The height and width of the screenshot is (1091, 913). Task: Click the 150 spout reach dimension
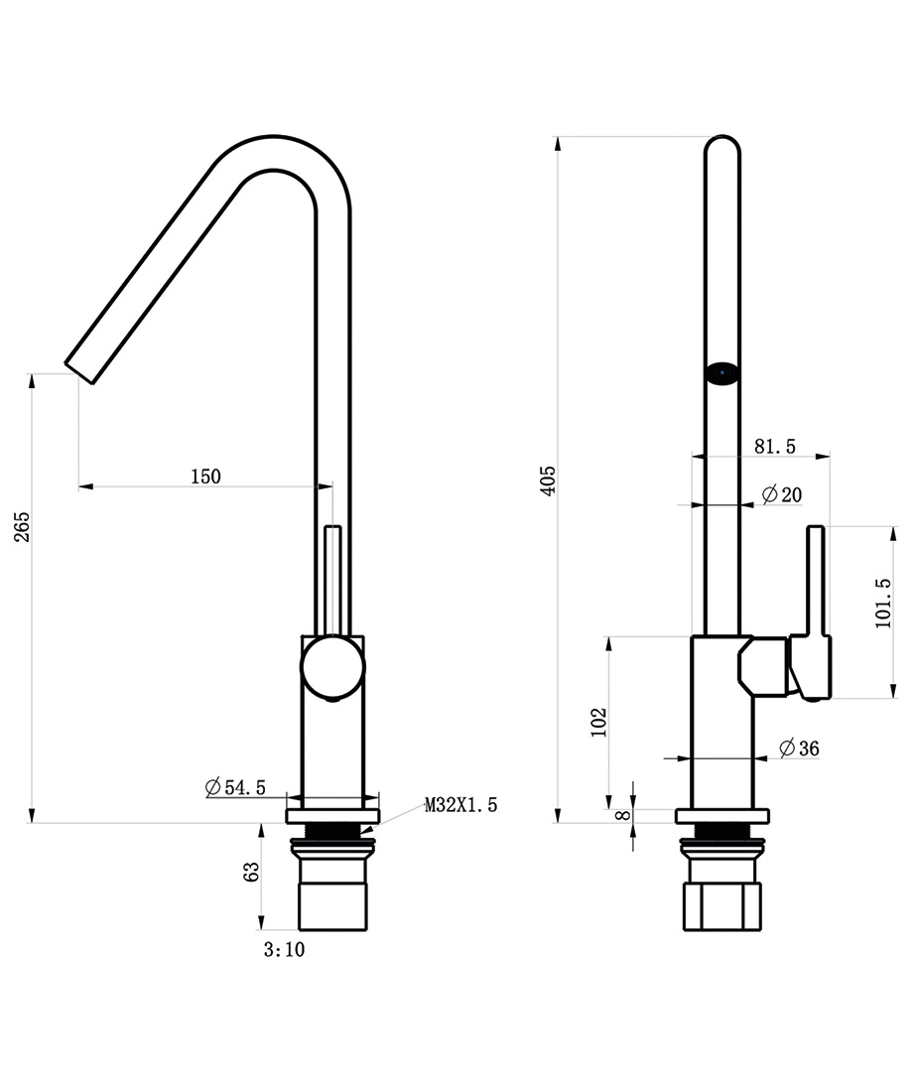click(204, 477)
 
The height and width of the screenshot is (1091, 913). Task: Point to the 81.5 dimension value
click(775, 447)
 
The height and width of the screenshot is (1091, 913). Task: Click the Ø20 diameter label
click(781, 494)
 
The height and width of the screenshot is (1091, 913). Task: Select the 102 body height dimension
click(596, 723)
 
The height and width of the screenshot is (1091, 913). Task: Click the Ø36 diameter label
click(799, 749)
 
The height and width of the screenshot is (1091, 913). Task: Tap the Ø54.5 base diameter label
click(235, 787)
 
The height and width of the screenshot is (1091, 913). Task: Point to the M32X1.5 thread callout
click(461, 805)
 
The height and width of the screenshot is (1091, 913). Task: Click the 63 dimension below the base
click(251, 872)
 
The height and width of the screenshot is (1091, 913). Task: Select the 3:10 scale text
click(284, 950)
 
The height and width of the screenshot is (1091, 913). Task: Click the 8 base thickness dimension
click(621, 815)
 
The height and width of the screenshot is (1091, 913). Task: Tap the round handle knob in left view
click(332, 666)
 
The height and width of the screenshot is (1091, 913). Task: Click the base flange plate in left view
click(331, 816)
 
